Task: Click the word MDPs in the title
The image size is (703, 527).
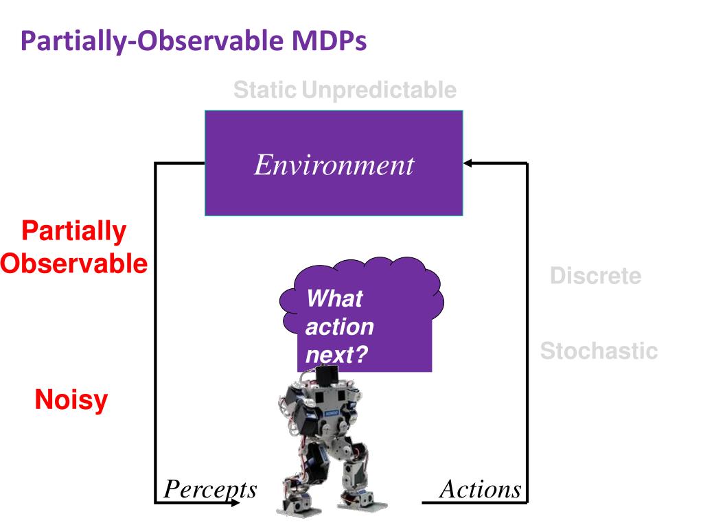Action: (x=329, y=40)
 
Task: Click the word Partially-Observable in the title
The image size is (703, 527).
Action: (x=152, y=41)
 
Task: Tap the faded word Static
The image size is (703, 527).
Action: (x=265, y=90)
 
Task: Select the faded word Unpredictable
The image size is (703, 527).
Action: (x=379, y=90)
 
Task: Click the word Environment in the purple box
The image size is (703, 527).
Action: (x=334, y=165)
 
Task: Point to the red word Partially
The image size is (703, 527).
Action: (x=74, y=232)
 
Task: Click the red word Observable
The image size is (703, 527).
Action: (x=74, y=263)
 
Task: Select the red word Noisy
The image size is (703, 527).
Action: (x=71, y=400)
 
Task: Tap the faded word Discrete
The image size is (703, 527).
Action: (x=595, y=276)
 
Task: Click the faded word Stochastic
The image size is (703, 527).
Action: (x=599, y=351)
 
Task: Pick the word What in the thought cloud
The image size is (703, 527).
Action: (x=335, y=298)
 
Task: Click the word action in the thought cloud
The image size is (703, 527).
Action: (x=339, y=327)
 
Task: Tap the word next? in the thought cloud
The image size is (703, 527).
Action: (x=336, y=355)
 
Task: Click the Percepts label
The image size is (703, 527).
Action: (x=210, y=489)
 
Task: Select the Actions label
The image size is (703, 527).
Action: (x=480, y=489)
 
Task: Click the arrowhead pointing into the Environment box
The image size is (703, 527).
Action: (x=468, y=163)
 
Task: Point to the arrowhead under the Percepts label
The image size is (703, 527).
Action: (x=235, y=503)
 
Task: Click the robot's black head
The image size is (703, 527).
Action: (x=326, y=375)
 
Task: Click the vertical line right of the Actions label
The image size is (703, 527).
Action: (x=527, y=333)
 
